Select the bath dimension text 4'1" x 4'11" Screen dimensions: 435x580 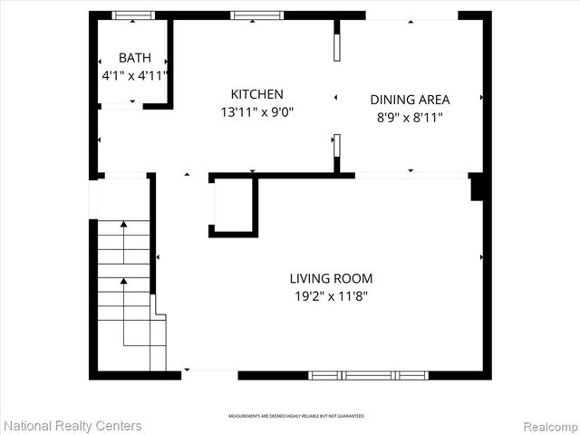coord(135,76)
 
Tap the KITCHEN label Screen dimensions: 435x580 coord(257,94)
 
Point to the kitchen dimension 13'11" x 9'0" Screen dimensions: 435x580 coord(257,112)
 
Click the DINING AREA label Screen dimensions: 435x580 coord(410,100)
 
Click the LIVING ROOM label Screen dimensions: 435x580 coord(331,278)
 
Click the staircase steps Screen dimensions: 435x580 coord(125,290)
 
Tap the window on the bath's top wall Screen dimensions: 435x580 coord(133,15)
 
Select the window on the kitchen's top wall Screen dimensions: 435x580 coord(257,15)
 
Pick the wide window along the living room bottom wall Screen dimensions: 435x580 coord(368,374)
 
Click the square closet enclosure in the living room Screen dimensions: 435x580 coord(234,206)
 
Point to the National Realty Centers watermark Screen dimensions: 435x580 coord(72,425)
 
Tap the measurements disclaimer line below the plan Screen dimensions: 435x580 coord(296,415)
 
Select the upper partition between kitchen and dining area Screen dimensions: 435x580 coord(337,47)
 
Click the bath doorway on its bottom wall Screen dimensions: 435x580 coord(121,106)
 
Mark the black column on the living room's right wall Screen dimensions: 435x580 coord(477,187)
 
